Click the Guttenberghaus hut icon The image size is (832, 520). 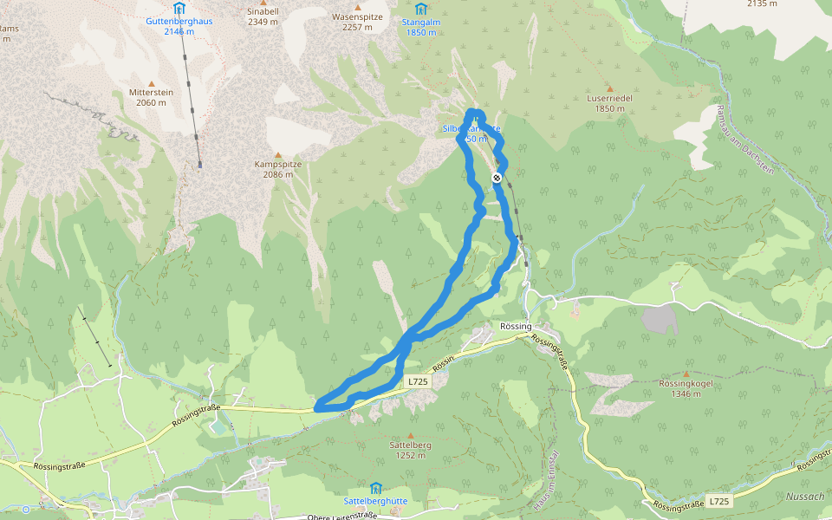click(x=179, y=9)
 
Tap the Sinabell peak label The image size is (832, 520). click(x=263, y=11)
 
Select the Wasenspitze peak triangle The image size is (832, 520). click(x=357, y=6)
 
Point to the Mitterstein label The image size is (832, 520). click(x=151, y=92)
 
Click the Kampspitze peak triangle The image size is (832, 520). click(x=278, y=153)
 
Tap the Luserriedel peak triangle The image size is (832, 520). click(x=609, y=88)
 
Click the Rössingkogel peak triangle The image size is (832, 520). click(x=686, y=374)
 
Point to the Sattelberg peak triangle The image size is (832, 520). click(x=411, y=435)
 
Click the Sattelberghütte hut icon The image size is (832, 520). click(x=375, y=489)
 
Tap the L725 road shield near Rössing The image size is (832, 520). click(x=418, y=381)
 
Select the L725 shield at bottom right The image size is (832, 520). click(x=718, y=501)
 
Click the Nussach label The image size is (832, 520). click(x=805, y=497)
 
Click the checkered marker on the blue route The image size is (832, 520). click(x=497, y=178)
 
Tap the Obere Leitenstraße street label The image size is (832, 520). click(x=342, y=517)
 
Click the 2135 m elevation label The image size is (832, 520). click(x=762, y=3)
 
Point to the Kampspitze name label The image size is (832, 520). click(x=277, y=164)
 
